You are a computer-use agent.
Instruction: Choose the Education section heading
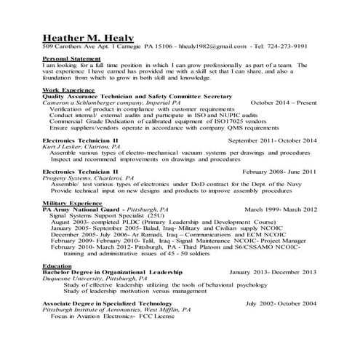pos(57,266)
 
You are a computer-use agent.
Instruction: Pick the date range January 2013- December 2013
pos(273,272)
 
